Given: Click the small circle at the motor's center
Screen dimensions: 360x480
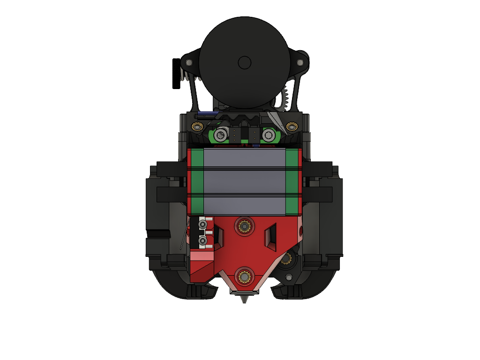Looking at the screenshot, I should [244, 62].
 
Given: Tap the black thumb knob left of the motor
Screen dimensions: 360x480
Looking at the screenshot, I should [176, 74].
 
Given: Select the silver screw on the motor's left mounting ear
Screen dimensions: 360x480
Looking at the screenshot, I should [189, 62].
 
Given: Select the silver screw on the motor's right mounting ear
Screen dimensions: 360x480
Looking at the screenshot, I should [300, 61].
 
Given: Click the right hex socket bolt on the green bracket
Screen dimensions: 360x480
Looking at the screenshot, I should [268, 135].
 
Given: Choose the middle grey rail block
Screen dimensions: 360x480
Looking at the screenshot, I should [244, 182].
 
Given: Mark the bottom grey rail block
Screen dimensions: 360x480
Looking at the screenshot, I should [244, 205].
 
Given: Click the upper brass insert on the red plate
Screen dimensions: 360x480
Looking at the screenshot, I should [244, 227].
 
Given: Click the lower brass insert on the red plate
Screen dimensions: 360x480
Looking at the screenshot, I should [244, 275].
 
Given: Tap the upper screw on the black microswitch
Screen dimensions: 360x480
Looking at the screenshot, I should [202, 225].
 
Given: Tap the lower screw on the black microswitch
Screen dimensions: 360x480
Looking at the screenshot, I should [202, 240].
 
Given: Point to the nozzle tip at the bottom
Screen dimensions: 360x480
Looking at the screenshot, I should [244, 300].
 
